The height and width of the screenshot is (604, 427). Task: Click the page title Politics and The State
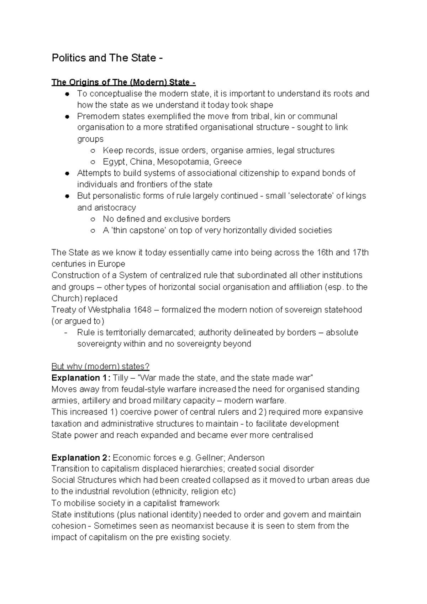click(x=107, y=58)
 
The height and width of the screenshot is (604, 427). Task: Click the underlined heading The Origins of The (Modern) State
click(x=123, y=82)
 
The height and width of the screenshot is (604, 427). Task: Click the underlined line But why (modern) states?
click(x=100, y=366)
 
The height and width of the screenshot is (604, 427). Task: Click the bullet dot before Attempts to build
click(x=67, y=173)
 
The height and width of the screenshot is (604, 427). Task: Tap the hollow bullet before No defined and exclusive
click(x=93, y=219)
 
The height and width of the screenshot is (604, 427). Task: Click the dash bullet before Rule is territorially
click(x=67, y=332)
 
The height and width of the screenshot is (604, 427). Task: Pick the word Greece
click(x=227, y=162)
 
